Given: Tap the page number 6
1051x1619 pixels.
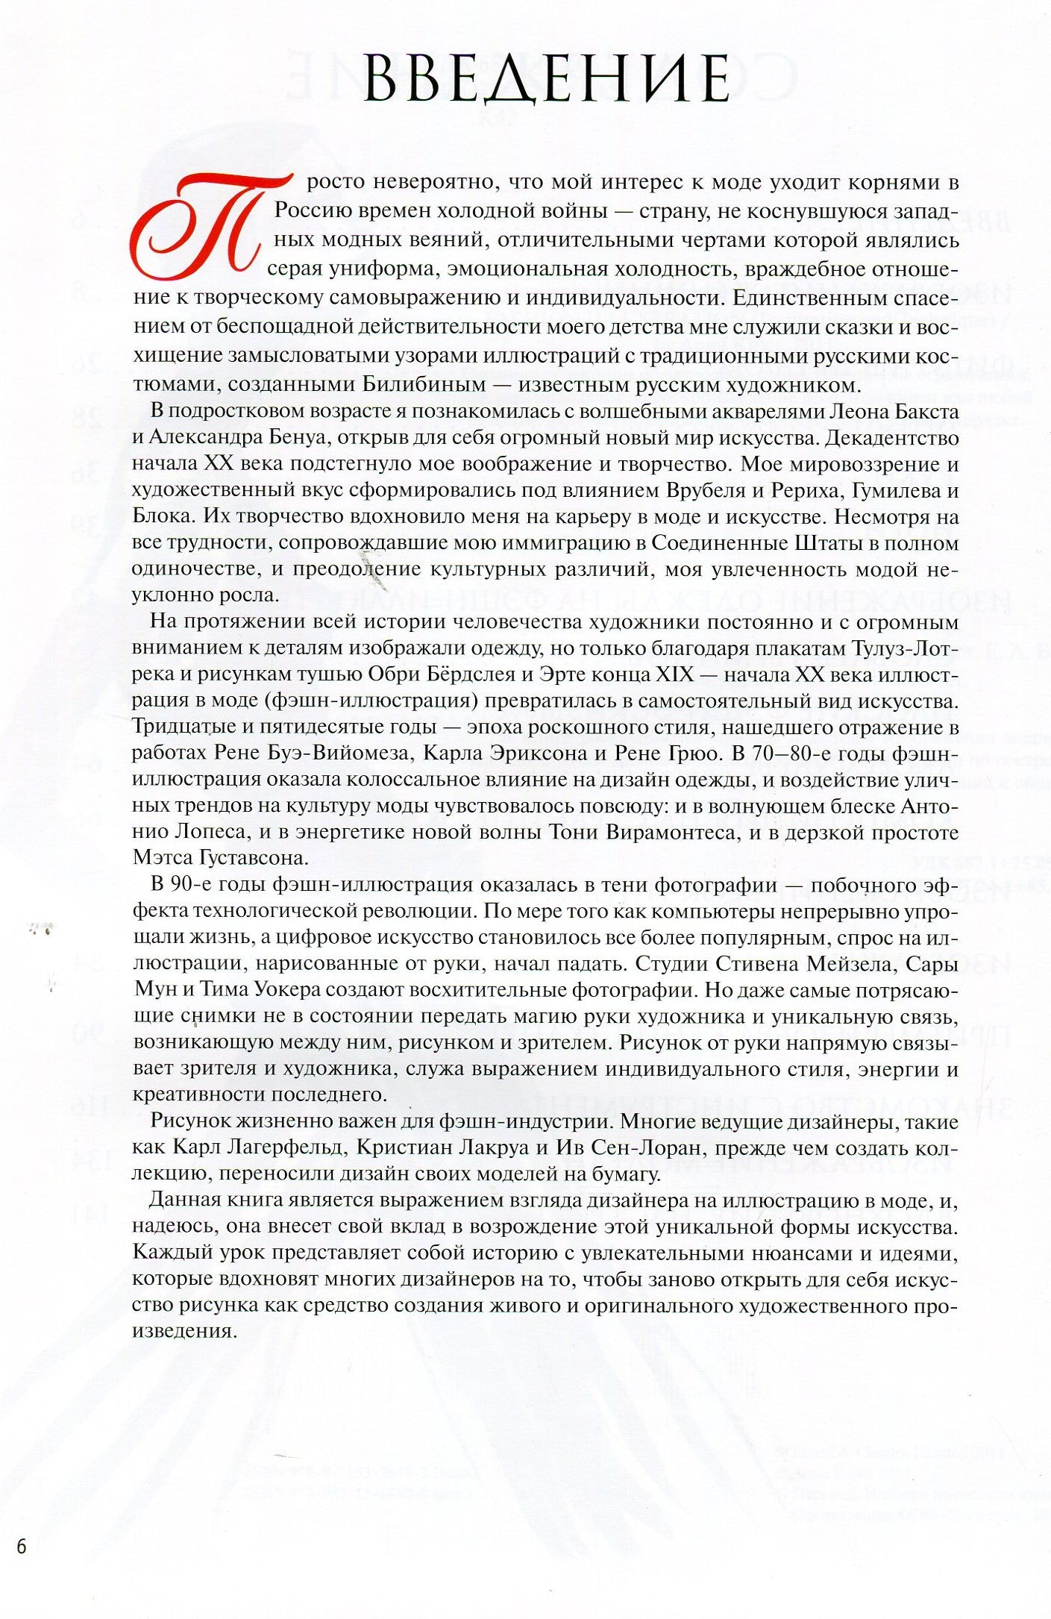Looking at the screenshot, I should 21,1547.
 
